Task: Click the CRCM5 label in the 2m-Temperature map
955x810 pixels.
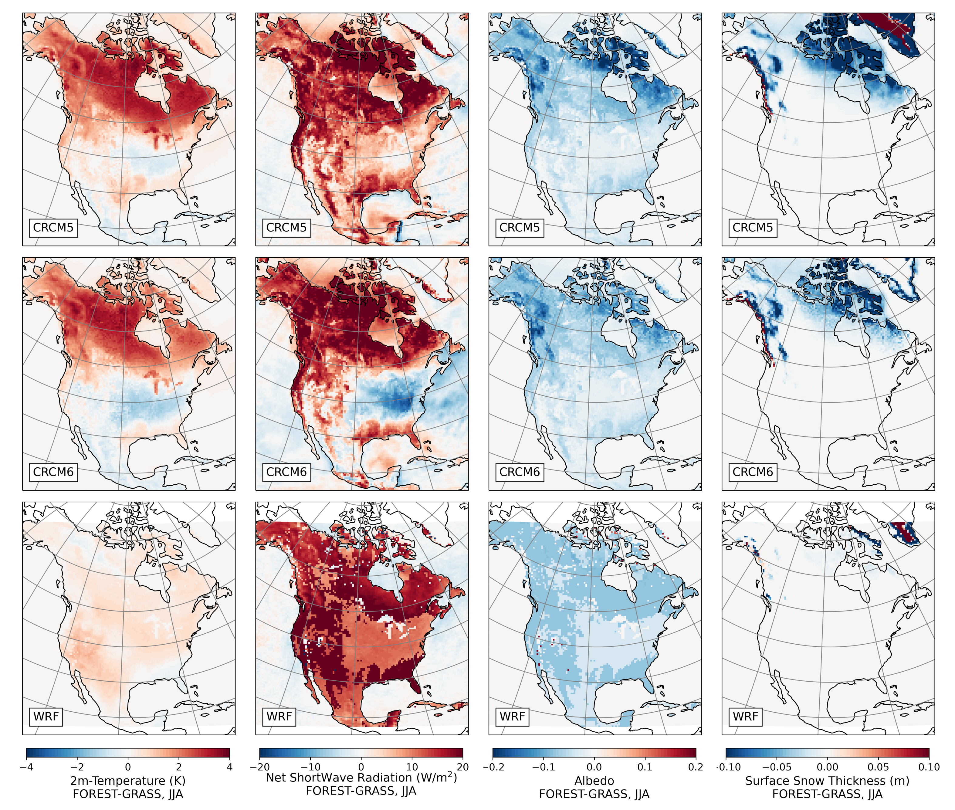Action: tap(53, 227)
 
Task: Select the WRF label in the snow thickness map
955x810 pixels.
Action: tap(745, 716)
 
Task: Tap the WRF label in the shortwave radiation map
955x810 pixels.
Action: tap(279, 716)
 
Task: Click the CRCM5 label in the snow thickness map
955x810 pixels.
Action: tap(753, 227)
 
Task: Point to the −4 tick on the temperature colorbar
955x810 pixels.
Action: tap(27, 767)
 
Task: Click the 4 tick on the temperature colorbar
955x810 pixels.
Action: tap(229, 767)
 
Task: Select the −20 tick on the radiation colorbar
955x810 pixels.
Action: tap(260, 767)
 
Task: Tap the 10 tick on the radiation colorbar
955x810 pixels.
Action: tap(412, 767)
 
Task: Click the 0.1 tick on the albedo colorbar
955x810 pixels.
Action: tap(645, 767)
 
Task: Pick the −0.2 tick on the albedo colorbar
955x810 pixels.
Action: tap(493, 767)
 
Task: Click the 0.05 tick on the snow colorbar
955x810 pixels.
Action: tap(878, 767)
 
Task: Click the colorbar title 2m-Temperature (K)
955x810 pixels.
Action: tap(128, 781)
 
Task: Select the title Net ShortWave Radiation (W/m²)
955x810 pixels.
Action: tap(361, 778)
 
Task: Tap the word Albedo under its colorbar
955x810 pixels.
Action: tap(594, 781)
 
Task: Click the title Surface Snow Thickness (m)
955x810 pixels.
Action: tap(827, 781)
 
